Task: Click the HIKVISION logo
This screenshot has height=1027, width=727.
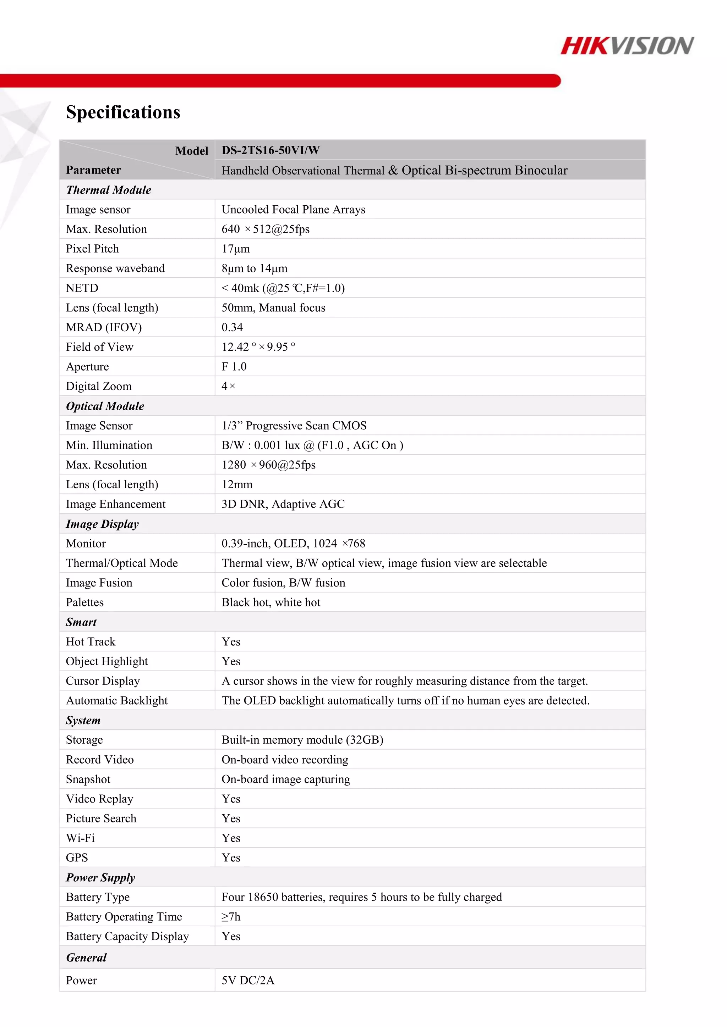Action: tap(627, 46)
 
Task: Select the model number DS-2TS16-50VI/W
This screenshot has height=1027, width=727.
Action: tap(270, 150)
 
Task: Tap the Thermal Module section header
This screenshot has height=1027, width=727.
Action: tap(108, 190)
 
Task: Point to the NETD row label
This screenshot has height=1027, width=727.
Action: tap(82, 288)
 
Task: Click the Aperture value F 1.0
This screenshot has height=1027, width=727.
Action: tap(234, 367)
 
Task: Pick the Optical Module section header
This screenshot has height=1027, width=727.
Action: tap(105, 406)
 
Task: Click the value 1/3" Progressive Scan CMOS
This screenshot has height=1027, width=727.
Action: tap(294, 426)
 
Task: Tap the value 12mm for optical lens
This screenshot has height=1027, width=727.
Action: tap(237, 484)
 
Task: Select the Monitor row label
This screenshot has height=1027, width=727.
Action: tap(86, 544)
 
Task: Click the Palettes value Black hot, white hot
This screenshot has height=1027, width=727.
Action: tap(271, 603)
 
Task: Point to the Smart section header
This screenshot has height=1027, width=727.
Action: tap(81, 622)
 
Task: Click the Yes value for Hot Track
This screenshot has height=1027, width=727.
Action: tap(231, 642)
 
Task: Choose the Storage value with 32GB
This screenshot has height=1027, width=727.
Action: tap(302, 740)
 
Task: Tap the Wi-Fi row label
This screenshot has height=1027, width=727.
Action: tap(80, 838)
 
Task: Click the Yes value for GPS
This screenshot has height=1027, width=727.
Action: tap(231, 858)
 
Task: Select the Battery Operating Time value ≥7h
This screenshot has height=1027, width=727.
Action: tap(231, 917)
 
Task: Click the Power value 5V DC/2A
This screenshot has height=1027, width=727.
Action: tap(247, 981)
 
